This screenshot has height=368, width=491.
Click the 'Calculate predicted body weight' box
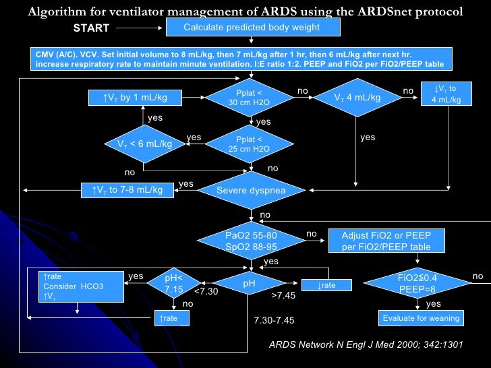coord(252,28)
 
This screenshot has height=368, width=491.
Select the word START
coord(92,29)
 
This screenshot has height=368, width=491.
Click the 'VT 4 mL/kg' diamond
coord(357,98)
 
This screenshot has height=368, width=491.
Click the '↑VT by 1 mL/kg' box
coord(136,98)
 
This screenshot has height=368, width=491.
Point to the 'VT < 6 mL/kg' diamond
coord(144,144)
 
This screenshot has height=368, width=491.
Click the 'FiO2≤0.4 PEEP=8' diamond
coord(416,282)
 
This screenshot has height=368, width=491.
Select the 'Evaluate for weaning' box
coord(421,318)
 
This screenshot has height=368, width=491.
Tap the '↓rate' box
coord(326,285)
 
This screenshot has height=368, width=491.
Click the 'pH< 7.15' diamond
coord(174,284)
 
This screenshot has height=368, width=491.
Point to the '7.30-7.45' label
coord(273,319)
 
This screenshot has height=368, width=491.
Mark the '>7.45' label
coord(283,295)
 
